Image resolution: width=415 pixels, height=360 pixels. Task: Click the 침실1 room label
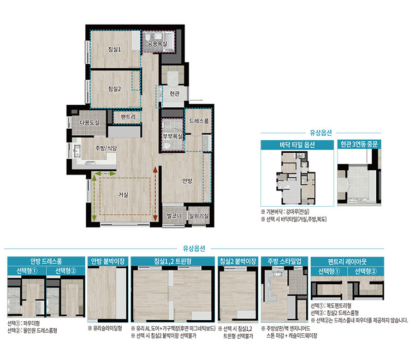tap(114, 50)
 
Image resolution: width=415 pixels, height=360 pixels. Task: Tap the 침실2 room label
tap(114, 89)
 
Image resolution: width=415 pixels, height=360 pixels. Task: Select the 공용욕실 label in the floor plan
tap(157, 44)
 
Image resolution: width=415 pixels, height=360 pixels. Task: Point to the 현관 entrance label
tap(175, 94)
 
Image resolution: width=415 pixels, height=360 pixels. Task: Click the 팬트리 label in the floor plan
tap(128, 117)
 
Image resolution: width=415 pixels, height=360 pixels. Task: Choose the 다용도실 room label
tap(90, 123)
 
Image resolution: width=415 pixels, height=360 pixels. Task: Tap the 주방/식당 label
tap(106, 148)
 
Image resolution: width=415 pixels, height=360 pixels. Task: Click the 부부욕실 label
tap(173, 136)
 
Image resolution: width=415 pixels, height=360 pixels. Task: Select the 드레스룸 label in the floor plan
tap(199, 121)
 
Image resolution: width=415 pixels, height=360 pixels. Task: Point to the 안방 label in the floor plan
tap(187, 181)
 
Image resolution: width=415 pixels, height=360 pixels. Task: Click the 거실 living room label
tap(123, 195)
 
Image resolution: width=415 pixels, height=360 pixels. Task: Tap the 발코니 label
tap(174, 215)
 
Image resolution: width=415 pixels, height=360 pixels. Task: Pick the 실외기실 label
tap(199, 216)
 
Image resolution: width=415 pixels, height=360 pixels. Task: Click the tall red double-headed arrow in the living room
tap(156, 194)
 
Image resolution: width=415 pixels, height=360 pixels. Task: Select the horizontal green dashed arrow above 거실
tap(105, 173)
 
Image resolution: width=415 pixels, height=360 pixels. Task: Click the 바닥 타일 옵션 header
tap(297, 145)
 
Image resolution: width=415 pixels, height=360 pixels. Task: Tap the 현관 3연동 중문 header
tap(359, 145)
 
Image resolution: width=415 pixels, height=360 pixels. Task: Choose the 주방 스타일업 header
tap(284, 261)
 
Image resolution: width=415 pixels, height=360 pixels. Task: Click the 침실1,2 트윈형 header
tap(173, 261)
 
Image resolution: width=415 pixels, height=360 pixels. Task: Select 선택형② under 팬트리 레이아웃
tap(365, 272)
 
